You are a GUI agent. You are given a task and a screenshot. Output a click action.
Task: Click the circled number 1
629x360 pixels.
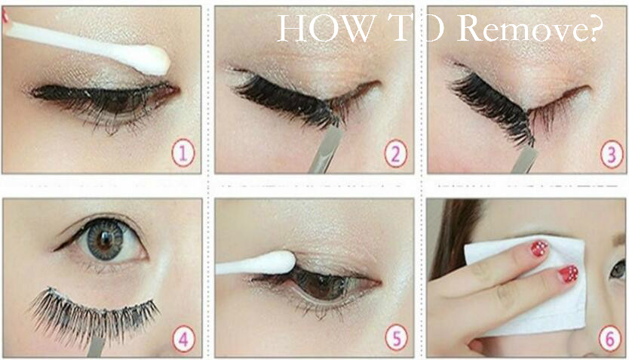183,153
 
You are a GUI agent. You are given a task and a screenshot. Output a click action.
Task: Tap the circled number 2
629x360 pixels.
395,153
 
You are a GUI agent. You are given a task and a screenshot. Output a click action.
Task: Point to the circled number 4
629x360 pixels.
183,339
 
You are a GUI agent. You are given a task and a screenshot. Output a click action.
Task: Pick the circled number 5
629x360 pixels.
397,338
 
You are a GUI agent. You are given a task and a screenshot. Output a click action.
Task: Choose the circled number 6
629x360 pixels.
609,339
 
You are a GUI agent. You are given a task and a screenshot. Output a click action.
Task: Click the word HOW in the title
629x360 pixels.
324,29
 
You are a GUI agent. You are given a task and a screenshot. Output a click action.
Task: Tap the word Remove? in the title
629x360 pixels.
529,27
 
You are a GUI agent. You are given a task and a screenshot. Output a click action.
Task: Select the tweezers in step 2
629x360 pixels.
326,149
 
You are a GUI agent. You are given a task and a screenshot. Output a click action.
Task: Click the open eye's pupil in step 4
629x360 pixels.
106,239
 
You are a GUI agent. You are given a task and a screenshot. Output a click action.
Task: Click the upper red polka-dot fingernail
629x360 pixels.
539,249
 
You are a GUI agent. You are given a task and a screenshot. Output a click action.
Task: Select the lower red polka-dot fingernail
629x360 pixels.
568,274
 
